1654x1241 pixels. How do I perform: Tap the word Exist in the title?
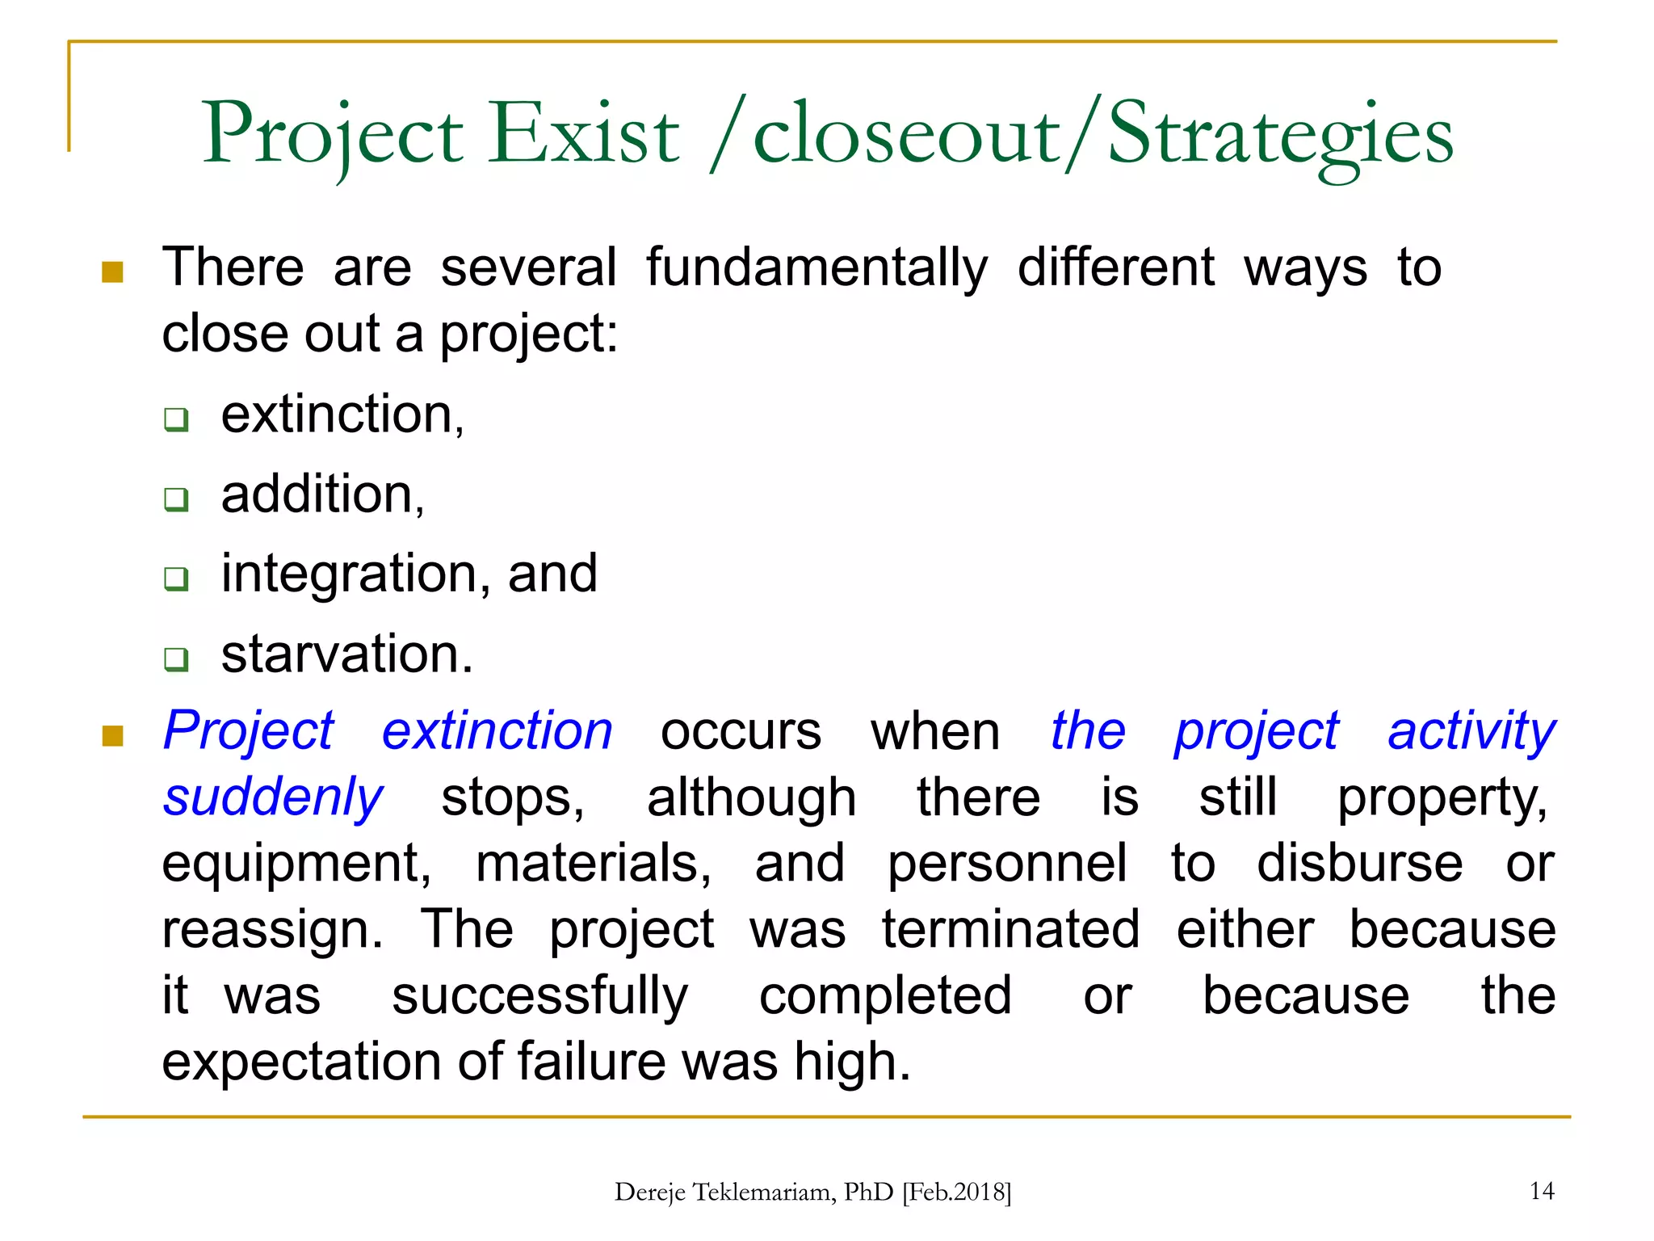coord(585,134)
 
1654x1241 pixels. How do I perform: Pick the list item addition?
coord(322,494)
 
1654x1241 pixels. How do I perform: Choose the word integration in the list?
coord(349,574)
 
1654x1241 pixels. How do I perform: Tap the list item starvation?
coord(346,654)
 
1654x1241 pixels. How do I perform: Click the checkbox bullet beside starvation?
coord(176,658)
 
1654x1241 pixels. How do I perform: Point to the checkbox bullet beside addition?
coord(176,499)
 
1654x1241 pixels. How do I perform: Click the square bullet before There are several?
coord(112,272)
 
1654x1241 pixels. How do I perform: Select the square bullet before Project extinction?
coord(112,735)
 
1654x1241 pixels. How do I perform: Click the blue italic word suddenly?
coord(273,797)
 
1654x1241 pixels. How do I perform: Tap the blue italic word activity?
coord(1471,731)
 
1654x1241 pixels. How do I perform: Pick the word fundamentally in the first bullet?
coord(817,267)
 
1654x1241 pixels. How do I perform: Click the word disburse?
coord(1359,864)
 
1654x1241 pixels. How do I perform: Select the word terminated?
coord(1010,929)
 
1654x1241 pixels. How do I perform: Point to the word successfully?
coord(539,996)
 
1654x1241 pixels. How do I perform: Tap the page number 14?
coord(1541,1191)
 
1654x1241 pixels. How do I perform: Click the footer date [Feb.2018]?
coord(956,1193)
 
